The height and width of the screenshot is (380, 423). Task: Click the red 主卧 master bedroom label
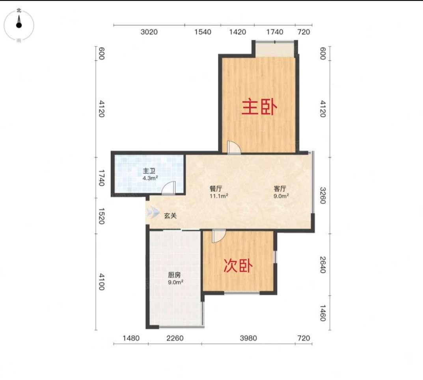pos(259,107)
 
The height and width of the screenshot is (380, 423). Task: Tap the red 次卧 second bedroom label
pos(238,266)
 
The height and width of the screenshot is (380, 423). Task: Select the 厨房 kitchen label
pos(174,275)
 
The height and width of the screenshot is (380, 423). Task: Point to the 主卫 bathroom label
pos(149,171)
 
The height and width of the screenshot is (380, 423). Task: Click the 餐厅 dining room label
pos(216,189)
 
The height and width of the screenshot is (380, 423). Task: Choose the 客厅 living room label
pos(280,189)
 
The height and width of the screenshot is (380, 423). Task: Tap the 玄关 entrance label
pos(170,216)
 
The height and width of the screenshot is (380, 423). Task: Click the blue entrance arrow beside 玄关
pos(153,212)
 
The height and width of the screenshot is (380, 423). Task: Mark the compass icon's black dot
pos(19,25)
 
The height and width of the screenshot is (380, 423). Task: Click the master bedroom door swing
pos(234,147)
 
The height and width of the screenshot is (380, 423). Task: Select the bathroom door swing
pos(169,188)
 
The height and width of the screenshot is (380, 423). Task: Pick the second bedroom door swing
pos(218,236)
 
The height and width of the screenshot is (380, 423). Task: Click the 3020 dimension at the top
pos(149,32)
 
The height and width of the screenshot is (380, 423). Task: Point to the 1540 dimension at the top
pos(203,32)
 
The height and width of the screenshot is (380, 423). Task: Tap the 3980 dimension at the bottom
pos(248,338)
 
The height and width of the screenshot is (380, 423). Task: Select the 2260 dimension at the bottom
pos(175,338)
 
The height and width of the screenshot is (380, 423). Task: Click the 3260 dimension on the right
pos(322,196)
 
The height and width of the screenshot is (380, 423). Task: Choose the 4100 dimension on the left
pos(101,282)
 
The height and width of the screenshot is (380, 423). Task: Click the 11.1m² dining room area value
pos(219,196)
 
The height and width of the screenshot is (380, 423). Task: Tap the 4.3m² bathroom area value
pos(150,178)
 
